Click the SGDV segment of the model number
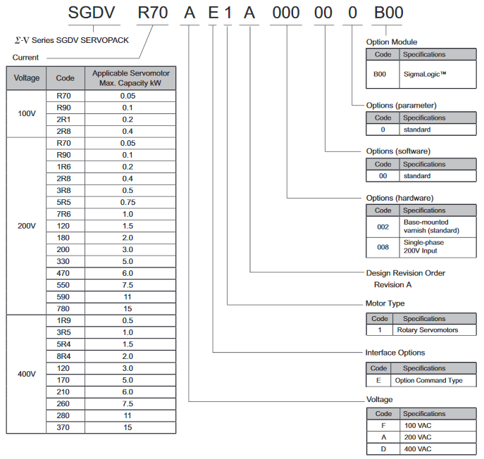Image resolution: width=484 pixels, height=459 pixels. click(96, 13)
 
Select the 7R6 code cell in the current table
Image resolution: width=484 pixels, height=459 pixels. click(65, 214)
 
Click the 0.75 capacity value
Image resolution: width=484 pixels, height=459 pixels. click(128, 202)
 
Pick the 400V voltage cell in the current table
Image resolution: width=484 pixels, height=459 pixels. click(26, 374)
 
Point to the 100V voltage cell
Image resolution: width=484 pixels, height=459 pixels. click(26, 113)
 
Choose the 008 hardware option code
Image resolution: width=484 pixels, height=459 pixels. click(383, 247)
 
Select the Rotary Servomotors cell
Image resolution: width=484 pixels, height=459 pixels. click(427, 330)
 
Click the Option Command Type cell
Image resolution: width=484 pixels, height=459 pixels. click(428, 380)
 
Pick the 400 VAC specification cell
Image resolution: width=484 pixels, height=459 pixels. click(420, 449)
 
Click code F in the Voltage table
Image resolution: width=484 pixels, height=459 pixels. click(383, 426)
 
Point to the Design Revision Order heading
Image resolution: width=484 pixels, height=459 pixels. click(406, 273)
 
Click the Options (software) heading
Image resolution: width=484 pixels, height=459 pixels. click(398, 151)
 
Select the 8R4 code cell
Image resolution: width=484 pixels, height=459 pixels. click(65, 356)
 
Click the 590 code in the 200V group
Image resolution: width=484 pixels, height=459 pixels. click(65, 297)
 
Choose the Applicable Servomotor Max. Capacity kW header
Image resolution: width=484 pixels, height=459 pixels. click(130, 78)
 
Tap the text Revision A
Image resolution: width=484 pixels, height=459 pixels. click(392, 284)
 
